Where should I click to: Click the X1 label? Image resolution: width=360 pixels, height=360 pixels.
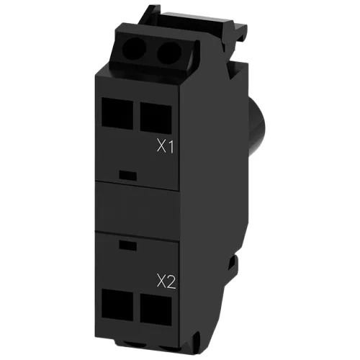click(x=166, y=147)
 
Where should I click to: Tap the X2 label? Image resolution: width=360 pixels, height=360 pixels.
click(x=166, y=281)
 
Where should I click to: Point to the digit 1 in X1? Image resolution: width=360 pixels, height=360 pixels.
click(x=171, y=147)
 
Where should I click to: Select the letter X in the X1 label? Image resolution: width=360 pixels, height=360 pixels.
click(x=162, y=147)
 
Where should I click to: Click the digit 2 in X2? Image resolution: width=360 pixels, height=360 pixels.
click(x=171, y=281)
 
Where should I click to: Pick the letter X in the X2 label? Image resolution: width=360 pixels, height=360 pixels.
click(x=161, y=281)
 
